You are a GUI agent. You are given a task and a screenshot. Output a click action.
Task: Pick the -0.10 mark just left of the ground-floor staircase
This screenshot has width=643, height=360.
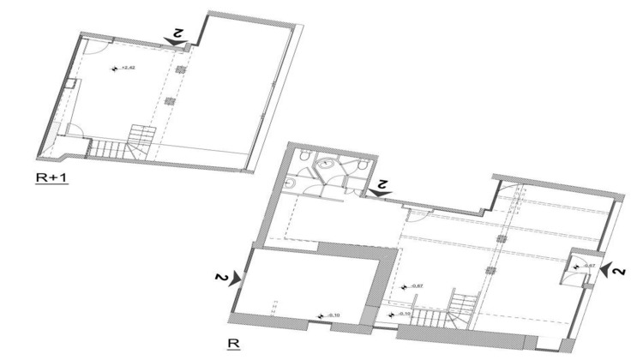[x=398, y=315]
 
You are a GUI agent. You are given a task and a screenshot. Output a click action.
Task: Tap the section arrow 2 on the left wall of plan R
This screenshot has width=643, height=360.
[x=224, y=278]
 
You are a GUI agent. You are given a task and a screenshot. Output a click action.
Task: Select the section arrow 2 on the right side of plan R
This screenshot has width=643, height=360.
[x=614, y=271]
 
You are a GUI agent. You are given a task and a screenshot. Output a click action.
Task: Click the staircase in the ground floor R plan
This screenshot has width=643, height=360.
[x=460, y=309]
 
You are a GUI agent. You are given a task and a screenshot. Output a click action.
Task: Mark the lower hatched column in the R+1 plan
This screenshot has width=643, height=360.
[x=169, y=100]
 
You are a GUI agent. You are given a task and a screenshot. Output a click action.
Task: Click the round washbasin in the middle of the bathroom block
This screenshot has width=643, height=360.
[x=327, y=165]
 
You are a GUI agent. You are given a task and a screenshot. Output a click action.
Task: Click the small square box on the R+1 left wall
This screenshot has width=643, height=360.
[x=73, y=85]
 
